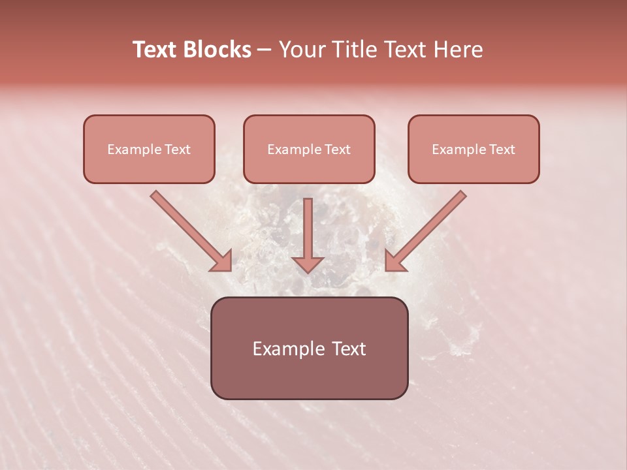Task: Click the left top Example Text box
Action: pyautogui.click(x=149, y=149)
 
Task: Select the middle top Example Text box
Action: pyautogui.click(x=309, y=149)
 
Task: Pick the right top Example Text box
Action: pyautogui.click(x=474, y=149)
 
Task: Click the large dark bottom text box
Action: pyautogui.click(x=310, y=349)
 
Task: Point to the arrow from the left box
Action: pyautogui.click(x=189, y=230)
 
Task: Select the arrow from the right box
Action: pyautogui.click(x=428, y=230)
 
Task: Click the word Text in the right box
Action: pyautogui.click(x=502, y=149)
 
